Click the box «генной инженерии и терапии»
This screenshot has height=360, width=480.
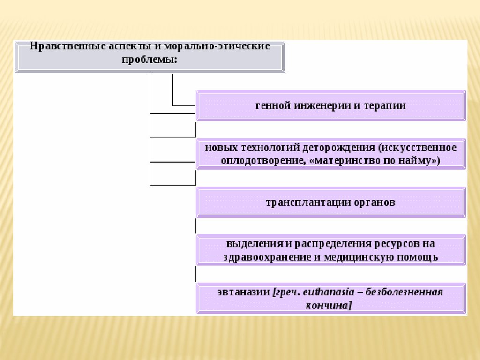(331, 105)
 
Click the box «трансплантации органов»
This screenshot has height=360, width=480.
(331, 202)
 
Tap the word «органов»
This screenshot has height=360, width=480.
(375, 202)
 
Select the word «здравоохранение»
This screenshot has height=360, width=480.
(262, 257)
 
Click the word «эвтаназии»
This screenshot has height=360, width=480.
(243, 292)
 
